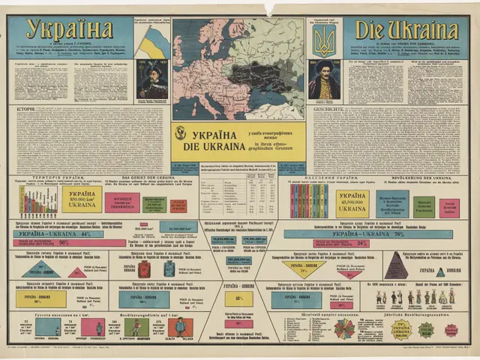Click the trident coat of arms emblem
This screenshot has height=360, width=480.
(325, 43)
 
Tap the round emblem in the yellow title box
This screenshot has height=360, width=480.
(180, 133)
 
